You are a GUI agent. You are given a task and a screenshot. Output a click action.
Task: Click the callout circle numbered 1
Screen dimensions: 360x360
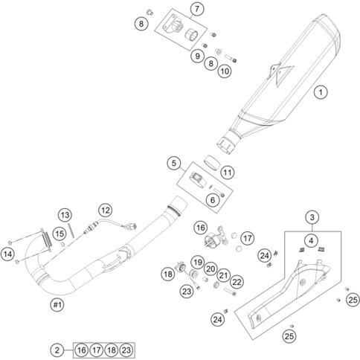pyautogui.click(x=321, y=92)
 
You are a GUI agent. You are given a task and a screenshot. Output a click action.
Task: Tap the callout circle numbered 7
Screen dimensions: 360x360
pyautogui.click(x=197, y=9)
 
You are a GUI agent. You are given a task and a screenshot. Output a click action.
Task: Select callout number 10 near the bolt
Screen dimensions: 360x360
pyautogui.click(x=225, y=71)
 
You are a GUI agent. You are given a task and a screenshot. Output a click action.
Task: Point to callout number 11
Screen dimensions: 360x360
pyautogui.click(x=228, y=173)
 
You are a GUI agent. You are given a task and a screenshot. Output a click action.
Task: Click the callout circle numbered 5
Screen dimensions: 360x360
pyautogui.click(x=174, y=163)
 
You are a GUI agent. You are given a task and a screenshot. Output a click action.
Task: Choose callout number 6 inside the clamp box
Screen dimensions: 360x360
pyautogui.click(x=213, y=200)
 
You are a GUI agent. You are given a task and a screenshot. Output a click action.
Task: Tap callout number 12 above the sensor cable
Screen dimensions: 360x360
pyautogui.click(x=106, y=210)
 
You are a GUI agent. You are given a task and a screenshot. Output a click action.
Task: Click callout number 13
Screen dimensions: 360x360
pyautogui.click(x=65, y=215)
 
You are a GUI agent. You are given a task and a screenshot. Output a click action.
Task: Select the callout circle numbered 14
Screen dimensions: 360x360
pyautogui.click(x=7, y=254)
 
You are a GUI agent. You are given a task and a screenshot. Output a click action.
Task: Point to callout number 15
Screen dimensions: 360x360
pyautogui.click(x=60, y=234)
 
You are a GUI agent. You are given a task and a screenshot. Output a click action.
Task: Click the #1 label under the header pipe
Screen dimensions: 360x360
pyautogui.click(x=57, y=304)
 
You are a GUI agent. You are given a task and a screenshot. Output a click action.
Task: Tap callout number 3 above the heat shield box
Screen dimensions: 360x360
pyautogui.click(x=312, y=217)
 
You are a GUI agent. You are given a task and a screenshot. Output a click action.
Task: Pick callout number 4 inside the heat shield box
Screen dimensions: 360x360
pyautogui.click(x=311, y=240)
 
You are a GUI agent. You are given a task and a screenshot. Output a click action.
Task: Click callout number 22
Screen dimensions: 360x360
pyautogui.click(x=237, y=282)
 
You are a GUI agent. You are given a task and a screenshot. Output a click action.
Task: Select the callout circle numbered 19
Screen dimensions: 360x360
pyautogui.click(x=198, y=263)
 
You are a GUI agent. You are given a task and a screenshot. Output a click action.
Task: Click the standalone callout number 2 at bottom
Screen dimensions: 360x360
pyautogui.click(x=57, y=350)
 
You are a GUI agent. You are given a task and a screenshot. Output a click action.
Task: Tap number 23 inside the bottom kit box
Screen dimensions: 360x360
pyautogui.click(x=126, y=350)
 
